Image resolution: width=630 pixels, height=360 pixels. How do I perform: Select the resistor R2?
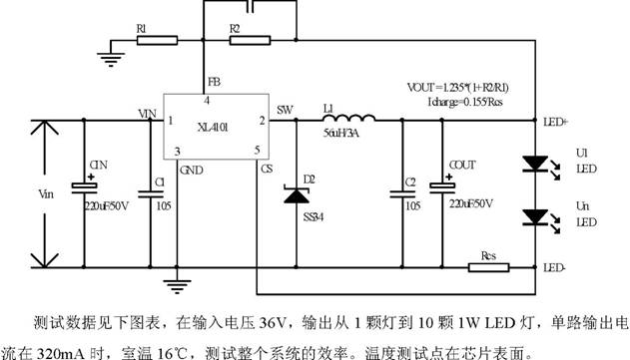249,41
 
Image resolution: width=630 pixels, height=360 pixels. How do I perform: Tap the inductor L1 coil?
344,113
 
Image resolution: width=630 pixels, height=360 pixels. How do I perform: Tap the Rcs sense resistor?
489,266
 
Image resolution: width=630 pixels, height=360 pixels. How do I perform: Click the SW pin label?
285,110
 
